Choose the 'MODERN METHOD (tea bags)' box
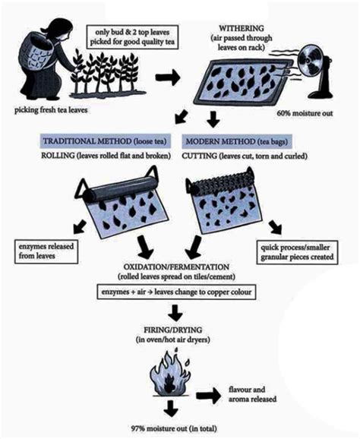pos(236,141)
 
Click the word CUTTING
pos(204,156)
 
